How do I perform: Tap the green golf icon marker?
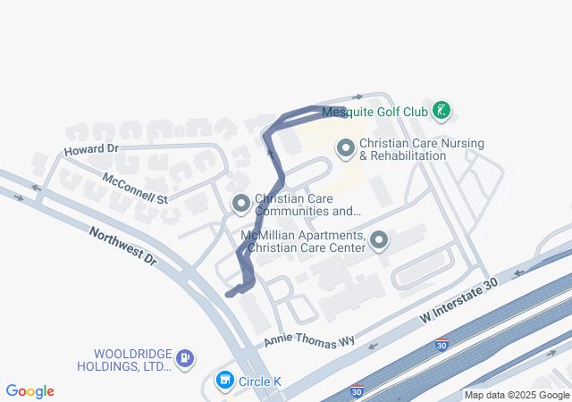click(x=441, y=112)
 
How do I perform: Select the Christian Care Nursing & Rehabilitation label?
click(x=402, y=149)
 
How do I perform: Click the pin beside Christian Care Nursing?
click(x=346, y=148)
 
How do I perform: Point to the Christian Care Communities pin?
click(x=240, y=205)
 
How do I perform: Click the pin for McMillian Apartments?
click(x=379, y=240)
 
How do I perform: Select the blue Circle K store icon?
click(x=225, y=381)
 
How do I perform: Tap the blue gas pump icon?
click(x=185, y=359)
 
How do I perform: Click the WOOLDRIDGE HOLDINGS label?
click(x=132, y=359)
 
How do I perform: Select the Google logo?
click(x=29, y=391)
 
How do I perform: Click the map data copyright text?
click(x=517, y=395)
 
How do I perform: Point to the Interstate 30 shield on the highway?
click(x=442, y=344)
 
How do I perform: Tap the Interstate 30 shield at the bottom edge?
click(x=357, y=391)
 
